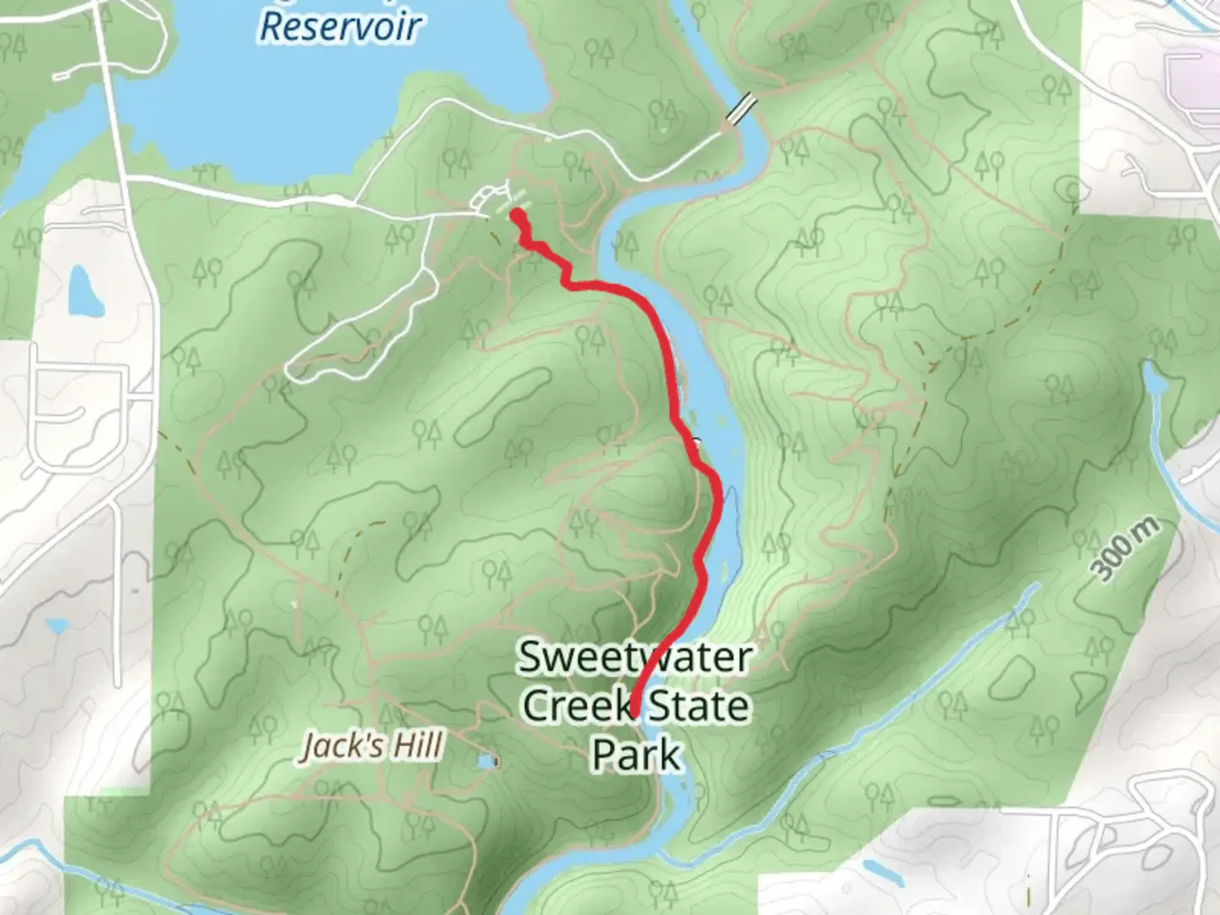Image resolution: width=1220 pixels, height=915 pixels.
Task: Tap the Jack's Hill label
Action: point(373,746)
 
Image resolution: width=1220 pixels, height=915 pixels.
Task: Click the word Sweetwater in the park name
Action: point(634,657)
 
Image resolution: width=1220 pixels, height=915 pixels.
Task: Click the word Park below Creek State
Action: point(635,754)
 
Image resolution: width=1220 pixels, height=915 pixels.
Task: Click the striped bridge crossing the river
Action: point(742,110)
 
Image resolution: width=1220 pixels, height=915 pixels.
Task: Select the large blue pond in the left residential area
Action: point(83,289)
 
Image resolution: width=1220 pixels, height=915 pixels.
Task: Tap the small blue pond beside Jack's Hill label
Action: point(486,762)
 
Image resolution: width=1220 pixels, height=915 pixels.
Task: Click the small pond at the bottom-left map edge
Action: point(57,626)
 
